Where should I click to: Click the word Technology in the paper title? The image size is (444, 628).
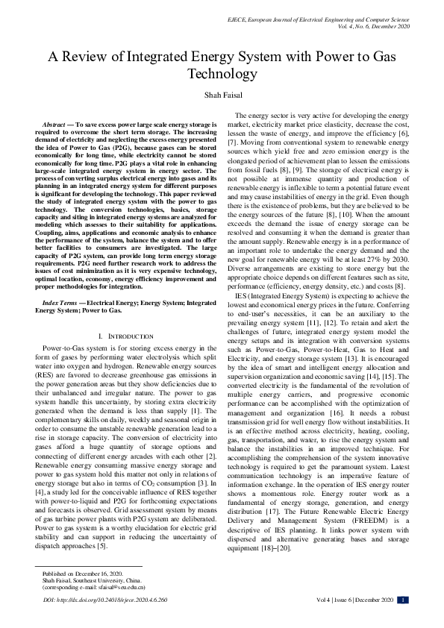click(222, 75)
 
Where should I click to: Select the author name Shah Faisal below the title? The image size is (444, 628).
click(222, 96)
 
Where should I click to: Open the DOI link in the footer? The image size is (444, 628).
click(104, 599)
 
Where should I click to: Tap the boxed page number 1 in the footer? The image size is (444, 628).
click(403, 599)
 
